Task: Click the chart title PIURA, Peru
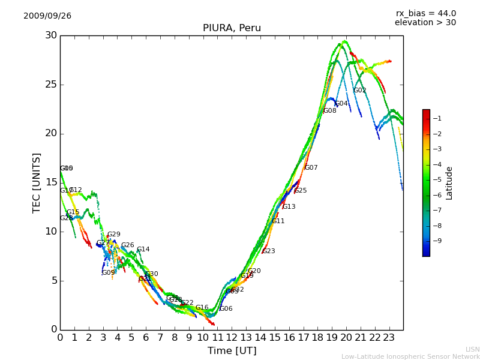(231, 28)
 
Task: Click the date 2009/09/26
(47, 16)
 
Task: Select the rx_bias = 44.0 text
(425, 14)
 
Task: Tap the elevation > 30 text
(425, 23)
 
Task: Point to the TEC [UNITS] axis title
(37, 182)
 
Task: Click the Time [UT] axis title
(232, 351)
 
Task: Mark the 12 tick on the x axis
(232, 338)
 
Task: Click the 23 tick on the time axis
(389, 338)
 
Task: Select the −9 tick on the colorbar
(437, 241)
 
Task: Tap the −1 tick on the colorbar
(437, 118)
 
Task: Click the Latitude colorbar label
(449, 183)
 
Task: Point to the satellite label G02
(359, 91)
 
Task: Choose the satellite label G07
(311, 168)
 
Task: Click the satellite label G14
(143, 250)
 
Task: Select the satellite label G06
(226, 309)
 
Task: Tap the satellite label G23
(268, 251)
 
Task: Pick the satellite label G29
(113, 235)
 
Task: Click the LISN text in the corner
(472, 349)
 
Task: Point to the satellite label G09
(108, 273)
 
